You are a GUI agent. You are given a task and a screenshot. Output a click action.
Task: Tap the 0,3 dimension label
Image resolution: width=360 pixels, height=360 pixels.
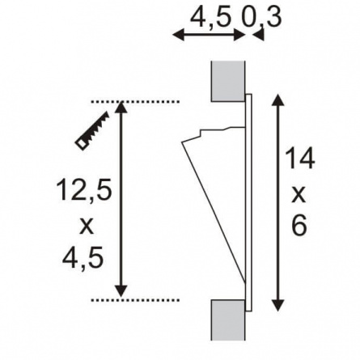pyautogui.click(x=261, y=18)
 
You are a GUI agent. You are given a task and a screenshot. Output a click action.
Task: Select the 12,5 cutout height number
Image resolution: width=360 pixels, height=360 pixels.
pyautogui.click(x=84, y=190)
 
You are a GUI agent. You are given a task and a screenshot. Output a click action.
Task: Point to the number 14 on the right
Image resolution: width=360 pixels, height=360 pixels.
pyautogui.click(x=299, y=159)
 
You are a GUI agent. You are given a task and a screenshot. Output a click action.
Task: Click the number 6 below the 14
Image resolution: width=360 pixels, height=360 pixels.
pyautogui.click(x=299, y=225)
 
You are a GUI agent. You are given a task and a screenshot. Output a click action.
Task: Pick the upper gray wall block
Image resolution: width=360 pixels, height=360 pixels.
pyautogui.click(x=228, y=81)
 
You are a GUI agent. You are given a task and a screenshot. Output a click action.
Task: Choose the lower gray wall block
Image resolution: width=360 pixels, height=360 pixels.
pyautogui.click(x=228, y=320)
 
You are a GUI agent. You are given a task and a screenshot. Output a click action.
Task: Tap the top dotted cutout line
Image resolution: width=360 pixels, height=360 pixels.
pyautogui.click(x=135, y=102)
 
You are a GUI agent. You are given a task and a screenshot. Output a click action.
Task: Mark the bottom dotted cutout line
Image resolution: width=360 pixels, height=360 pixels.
pyautogui.click(x=135, y=300)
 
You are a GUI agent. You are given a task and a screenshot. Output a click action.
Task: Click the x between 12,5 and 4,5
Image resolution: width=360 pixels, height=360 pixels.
pyautogui.click(x=86, y=226)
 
